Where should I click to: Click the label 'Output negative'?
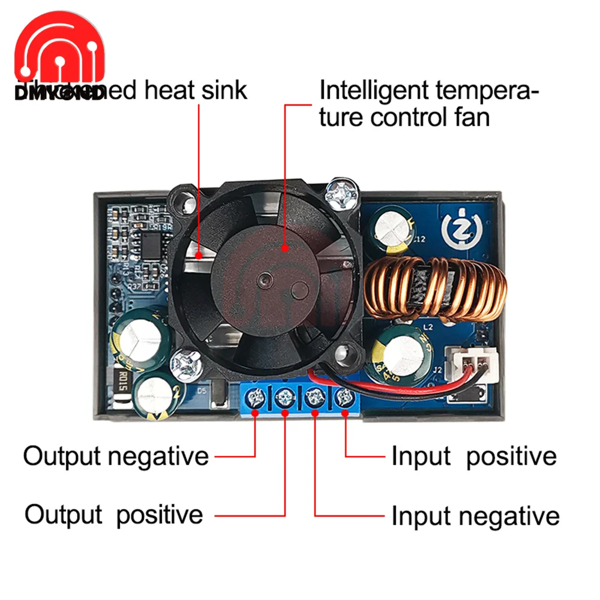[x=116, y=456]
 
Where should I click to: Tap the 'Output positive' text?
[x=114, y=515]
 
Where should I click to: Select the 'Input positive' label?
[x=474, y=456]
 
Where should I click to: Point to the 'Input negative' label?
[x=475, y=516]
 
